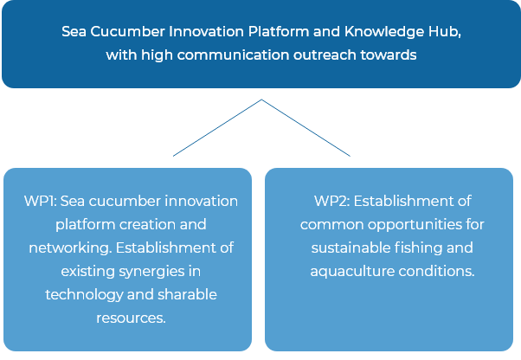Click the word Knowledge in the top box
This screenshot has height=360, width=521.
(383, 32)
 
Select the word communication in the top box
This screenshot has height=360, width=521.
(233, 55)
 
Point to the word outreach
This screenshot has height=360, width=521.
(325, 55)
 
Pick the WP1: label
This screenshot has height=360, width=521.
(40, 202)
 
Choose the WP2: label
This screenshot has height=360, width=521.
(332, 202)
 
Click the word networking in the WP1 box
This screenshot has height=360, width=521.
(69, 248)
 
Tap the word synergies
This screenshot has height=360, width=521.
(151, 272)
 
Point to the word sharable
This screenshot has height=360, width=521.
(187, 294)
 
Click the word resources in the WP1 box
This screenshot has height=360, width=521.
(131, 318)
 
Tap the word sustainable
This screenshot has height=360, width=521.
(351, 247)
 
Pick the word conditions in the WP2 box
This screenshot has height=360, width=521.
(436, 272)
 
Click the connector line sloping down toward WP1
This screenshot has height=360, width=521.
(217, 127)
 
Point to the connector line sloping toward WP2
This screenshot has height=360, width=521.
(306, 127)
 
